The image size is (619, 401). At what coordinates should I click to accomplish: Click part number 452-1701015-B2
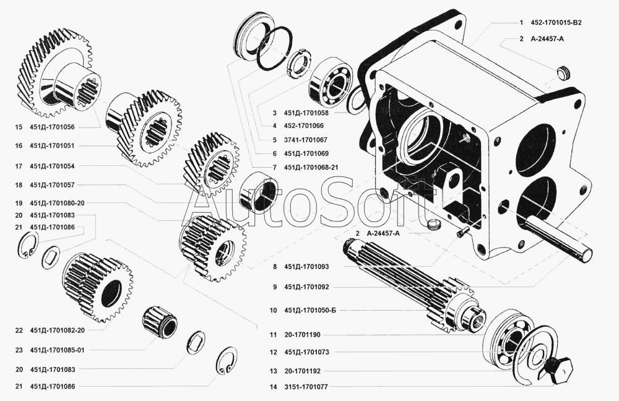pyautogui.click(x=556, y=22)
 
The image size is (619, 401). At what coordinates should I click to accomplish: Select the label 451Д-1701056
pyautogui.click(x=52, y=127)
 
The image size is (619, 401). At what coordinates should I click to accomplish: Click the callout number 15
pyautogui.click(x=19, y=127)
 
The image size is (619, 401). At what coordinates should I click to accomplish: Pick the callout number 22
pyautogui.click(x=19, y=330)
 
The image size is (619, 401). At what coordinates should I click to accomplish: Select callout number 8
pyautogui.click(x=273, y=267)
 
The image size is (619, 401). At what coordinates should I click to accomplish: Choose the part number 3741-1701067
pyautogui.click(x=306, y=140)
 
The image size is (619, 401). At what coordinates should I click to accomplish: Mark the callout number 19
pyautogui.click(x=19, y=203)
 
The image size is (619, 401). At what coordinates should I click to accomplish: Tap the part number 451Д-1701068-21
pyautogui.click(x=311, y=167)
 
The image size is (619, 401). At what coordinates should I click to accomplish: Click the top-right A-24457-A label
pyautogui.click(x=547, y=38)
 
